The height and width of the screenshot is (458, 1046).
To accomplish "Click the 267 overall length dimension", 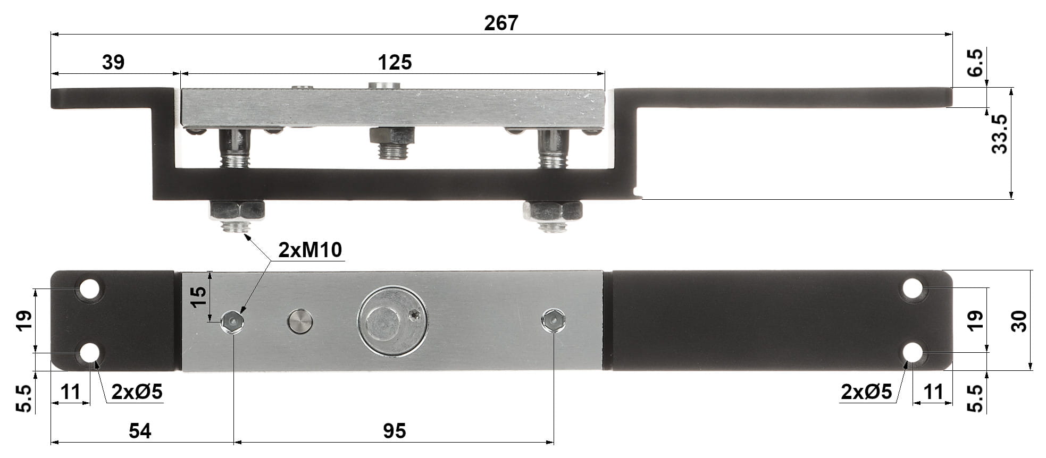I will click(500, 23).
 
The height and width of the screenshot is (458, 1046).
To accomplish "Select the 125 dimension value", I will click(395, 63).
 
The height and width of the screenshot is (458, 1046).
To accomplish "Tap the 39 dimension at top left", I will click(113, 62).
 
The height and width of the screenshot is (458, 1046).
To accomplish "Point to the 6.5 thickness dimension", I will click(976, 63).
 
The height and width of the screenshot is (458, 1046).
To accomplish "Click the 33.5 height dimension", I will click(999, 134).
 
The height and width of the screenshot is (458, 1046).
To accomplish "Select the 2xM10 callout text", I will click(310, 250).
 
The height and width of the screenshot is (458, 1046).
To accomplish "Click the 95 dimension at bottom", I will click(394, 431).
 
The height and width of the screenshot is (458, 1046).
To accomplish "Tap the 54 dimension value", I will click(140, 431).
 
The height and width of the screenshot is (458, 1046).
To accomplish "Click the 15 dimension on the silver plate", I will click(198, 296).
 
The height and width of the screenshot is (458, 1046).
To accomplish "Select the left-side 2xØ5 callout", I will click(137, 392).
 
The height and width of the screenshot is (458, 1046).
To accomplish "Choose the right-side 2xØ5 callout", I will click(866, 392).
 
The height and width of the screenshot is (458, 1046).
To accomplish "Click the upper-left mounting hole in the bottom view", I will click(89, 289).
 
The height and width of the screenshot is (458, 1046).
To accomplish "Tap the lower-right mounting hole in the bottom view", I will click(913, 352).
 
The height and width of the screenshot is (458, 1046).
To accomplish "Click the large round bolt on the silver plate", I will click(392, 321).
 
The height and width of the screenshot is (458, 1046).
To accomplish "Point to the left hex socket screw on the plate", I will click(232, 321).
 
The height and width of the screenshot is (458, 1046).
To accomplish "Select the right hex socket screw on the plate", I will click(553, 320).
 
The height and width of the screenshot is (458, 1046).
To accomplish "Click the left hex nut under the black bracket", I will click(237, 210).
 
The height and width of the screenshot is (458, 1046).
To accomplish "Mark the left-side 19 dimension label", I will click(24, 320).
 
